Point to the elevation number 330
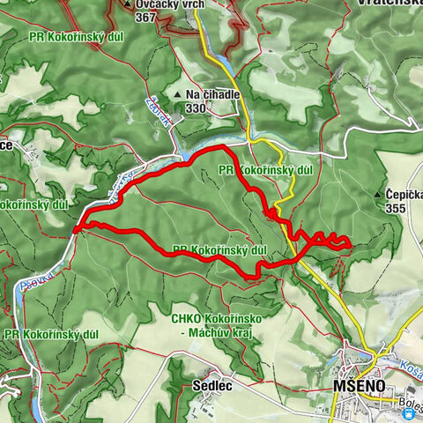click(x=196, y=108)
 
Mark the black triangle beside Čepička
click(x=378, y=196)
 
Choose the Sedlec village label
click(x=211, y=385)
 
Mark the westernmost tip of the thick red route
click(x=76, y=229)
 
